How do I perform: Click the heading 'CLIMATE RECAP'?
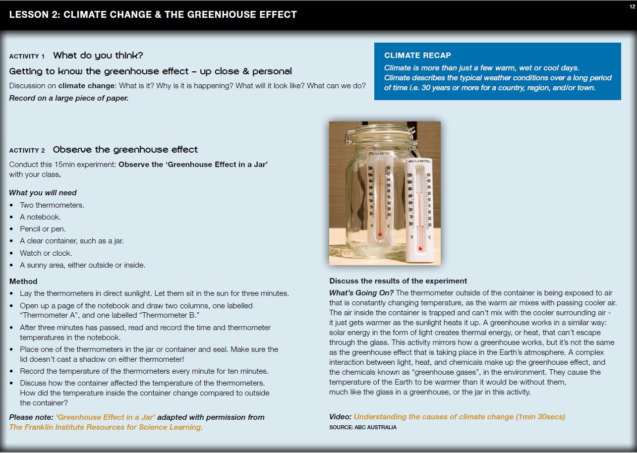[417, 56]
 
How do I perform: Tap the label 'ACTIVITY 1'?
[27, 56]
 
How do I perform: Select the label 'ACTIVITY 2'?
[27, 150]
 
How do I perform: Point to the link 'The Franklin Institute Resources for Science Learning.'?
[106, 427]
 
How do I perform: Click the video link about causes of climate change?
[459, 417]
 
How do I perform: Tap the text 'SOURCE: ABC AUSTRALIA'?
[363, 427]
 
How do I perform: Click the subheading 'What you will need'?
[43, 193]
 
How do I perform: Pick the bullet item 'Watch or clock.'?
[46, 253]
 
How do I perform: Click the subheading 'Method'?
[23, 282]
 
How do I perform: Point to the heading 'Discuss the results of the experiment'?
[398, 281]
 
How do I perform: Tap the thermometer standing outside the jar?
[419, 208]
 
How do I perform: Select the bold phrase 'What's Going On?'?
[361, 293]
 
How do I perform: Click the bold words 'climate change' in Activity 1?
[90, 86]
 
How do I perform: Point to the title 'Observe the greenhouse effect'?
[125, 150]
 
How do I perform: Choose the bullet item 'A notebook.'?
[40, 217]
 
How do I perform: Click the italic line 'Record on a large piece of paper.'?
[69, 98]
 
